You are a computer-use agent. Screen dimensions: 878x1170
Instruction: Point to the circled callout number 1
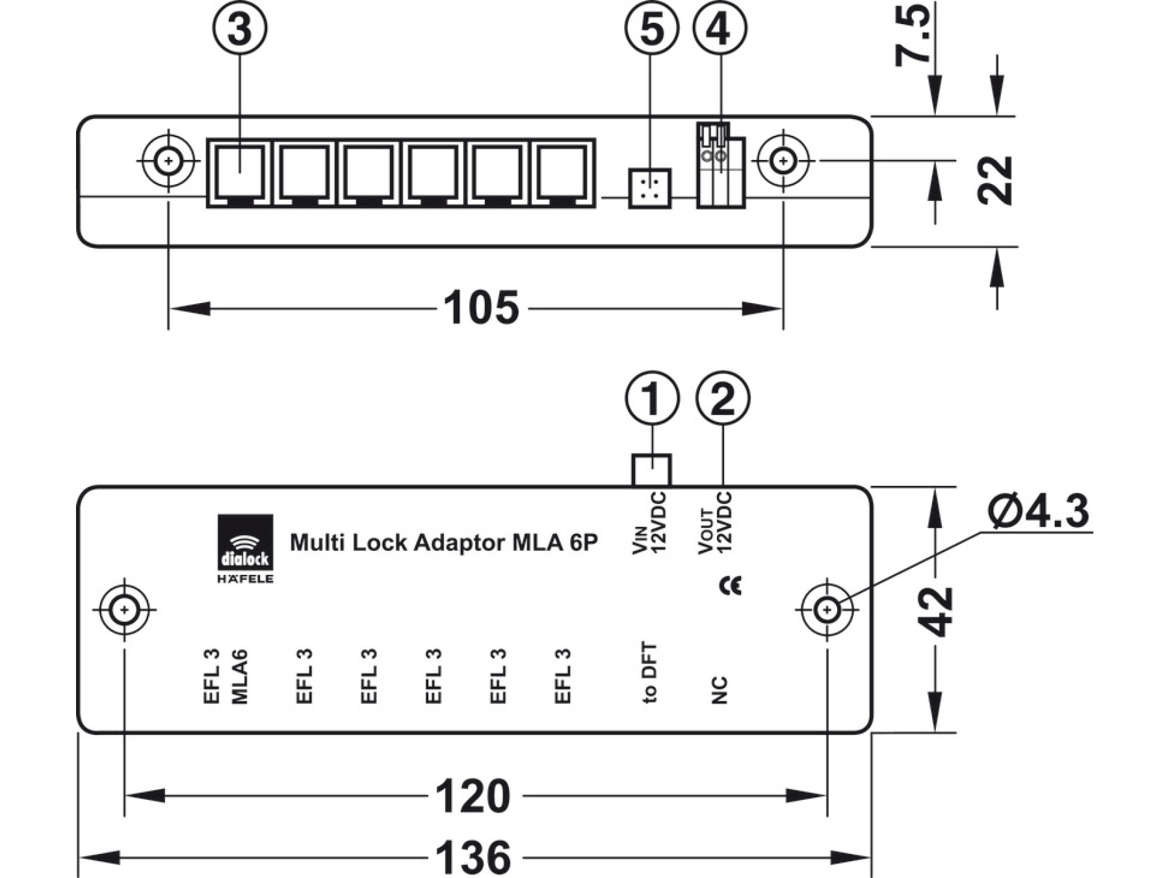[652, 398]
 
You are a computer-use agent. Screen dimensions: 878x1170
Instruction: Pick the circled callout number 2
[723, 398]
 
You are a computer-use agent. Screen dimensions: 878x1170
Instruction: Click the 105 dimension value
[481, 308]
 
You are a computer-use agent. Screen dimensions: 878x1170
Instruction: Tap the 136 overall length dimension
[473, 857]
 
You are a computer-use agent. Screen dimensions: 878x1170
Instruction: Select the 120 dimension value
[473, 796]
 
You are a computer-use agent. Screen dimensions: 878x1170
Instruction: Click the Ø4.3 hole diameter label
[1038, 511]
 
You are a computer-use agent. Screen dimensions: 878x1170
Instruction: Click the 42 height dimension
[935, 611]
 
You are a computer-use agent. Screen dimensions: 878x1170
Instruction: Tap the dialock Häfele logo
[245, 549]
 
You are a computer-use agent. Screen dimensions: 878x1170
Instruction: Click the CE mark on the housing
[730, 586]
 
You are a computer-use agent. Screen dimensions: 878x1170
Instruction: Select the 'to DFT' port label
[649, 672]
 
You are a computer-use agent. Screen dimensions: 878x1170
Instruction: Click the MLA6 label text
[239, 676]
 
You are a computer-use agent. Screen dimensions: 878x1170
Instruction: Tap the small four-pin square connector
[649, 189]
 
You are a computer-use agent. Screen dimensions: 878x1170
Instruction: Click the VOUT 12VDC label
[715, 523]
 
